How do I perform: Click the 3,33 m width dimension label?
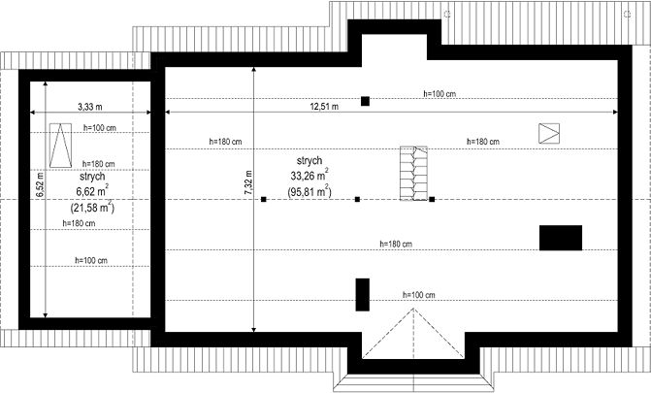(89, 107)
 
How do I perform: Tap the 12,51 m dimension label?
(324, 107)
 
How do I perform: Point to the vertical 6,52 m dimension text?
(40, 184)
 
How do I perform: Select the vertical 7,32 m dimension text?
(248, 182)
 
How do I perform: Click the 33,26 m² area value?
(309, 176)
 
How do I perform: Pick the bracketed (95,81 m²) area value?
(309, 191)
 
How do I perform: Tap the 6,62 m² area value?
(92, 191)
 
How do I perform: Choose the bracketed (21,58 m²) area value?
(92, 207)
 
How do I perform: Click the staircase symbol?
(413, 174)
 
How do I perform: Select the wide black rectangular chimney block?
(561, 238)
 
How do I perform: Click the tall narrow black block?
(363, 295)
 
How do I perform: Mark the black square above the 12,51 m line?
(365, 101)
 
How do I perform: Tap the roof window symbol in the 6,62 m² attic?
(60, 146)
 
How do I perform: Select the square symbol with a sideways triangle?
(549, 133)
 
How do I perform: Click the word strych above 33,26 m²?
(309, 161)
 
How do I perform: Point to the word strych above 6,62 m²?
(92, 177)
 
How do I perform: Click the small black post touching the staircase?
(432, 199)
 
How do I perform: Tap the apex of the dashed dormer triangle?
(413, 309)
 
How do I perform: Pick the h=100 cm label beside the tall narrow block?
(419, 295)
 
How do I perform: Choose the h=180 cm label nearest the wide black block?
(396, 245)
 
